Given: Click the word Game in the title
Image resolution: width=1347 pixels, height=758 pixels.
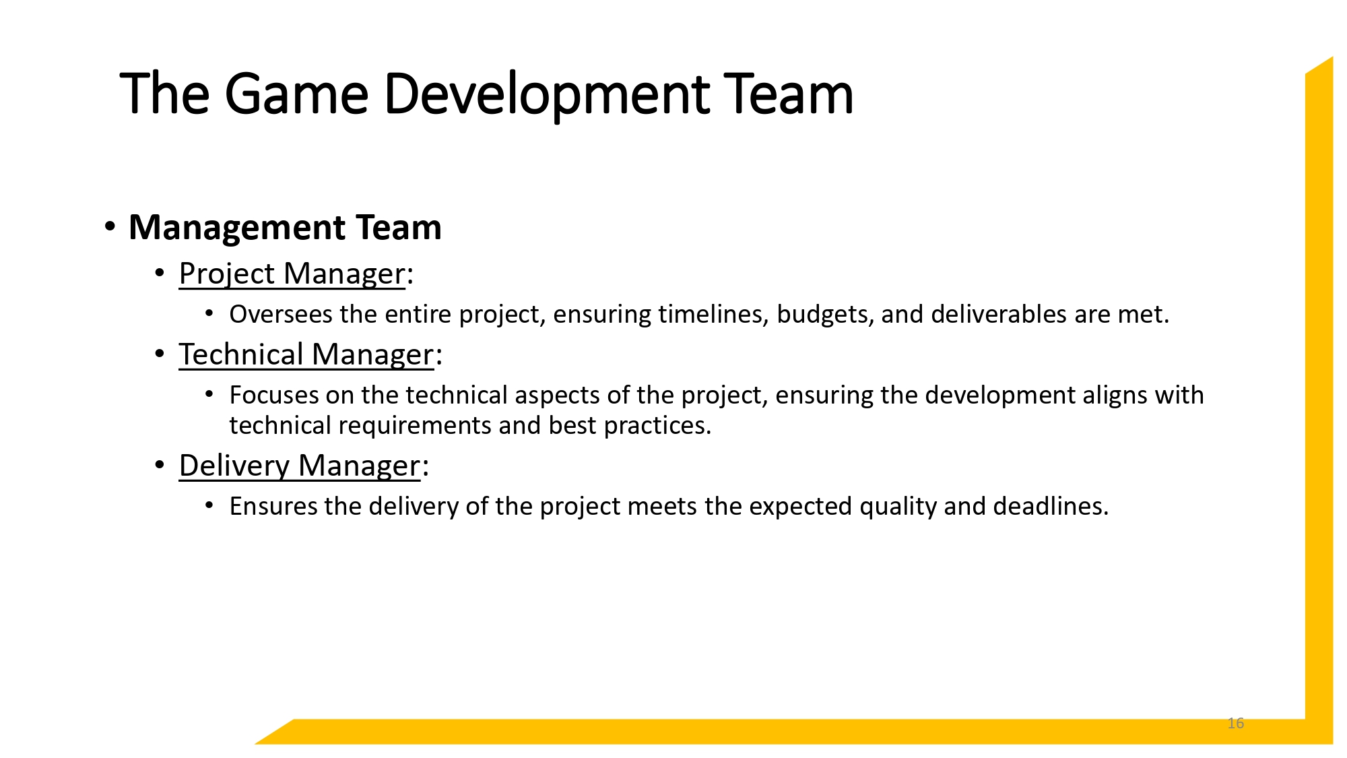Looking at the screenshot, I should point(296,94).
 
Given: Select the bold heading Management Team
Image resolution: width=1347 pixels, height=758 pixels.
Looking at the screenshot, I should point(285,228).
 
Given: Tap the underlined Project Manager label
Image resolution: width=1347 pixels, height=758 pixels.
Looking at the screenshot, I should point(292,274).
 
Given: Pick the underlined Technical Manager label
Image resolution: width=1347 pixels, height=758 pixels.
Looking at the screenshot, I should point(306,355).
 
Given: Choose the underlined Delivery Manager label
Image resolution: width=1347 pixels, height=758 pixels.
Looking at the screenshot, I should point(299,466).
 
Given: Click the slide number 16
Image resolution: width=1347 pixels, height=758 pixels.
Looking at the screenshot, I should point(1235,723).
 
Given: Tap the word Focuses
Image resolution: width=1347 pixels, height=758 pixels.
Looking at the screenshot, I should point(273,396).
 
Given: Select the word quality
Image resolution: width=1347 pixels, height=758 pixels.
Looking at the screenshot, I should point(898,507).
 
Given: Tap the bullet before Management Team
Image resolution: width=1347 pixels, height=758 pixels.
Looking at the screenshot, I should point(110,226).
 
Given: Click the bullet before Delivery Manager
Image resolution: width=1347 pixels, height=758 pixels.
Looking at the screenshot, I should point(160,465).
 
